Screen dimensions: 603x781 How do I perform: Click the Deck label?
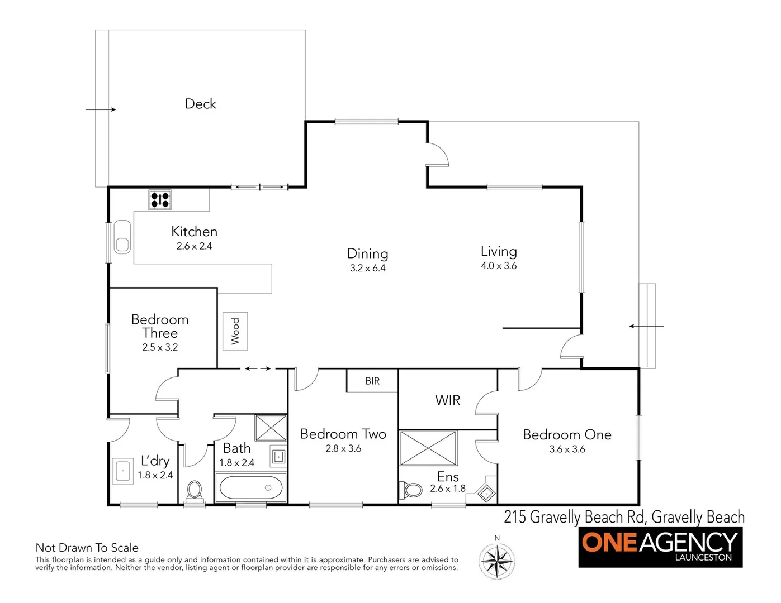[200, 104]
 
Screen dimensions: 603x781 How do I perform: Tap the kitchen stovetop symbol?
[160, 200]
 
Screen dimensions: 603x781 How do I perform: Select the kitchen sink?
[122, 237]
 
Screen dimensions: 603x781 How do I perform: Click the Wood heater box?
[235, 331]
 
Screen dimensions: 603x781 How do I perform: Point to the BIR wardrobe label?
[372, 381]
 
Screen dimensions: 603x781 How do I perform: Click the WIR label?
[447, 400]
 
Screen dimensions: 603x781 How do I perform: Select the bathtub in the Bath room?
[250, 488]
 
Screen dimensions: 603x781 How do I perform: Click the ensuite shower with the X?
[429, 448]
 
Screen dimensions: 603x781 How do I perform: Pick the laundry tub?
[122, 471]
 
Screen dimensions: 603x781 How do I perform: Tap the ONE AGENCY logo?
[660, 546]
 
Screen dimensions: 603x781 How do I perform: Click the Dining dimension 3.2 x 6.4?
[368, 268]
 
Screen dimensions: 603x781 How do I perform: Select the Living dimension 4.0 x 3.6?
[499, 266]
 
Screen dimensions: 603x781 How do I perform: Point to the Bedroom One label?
[567, 434]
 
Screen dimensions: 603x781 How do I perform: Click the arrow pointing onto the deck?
[101, 109]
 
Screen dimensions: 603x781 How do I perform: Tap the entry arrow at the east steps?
[646, 326]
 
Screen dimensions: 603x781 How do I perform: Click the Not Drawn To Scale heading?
[87, 548]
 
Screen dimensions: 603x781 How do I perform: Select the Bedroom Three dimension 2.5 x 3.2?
[160, 347]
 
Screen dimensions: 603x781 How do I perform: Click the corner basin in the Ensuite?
[485, 492]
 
